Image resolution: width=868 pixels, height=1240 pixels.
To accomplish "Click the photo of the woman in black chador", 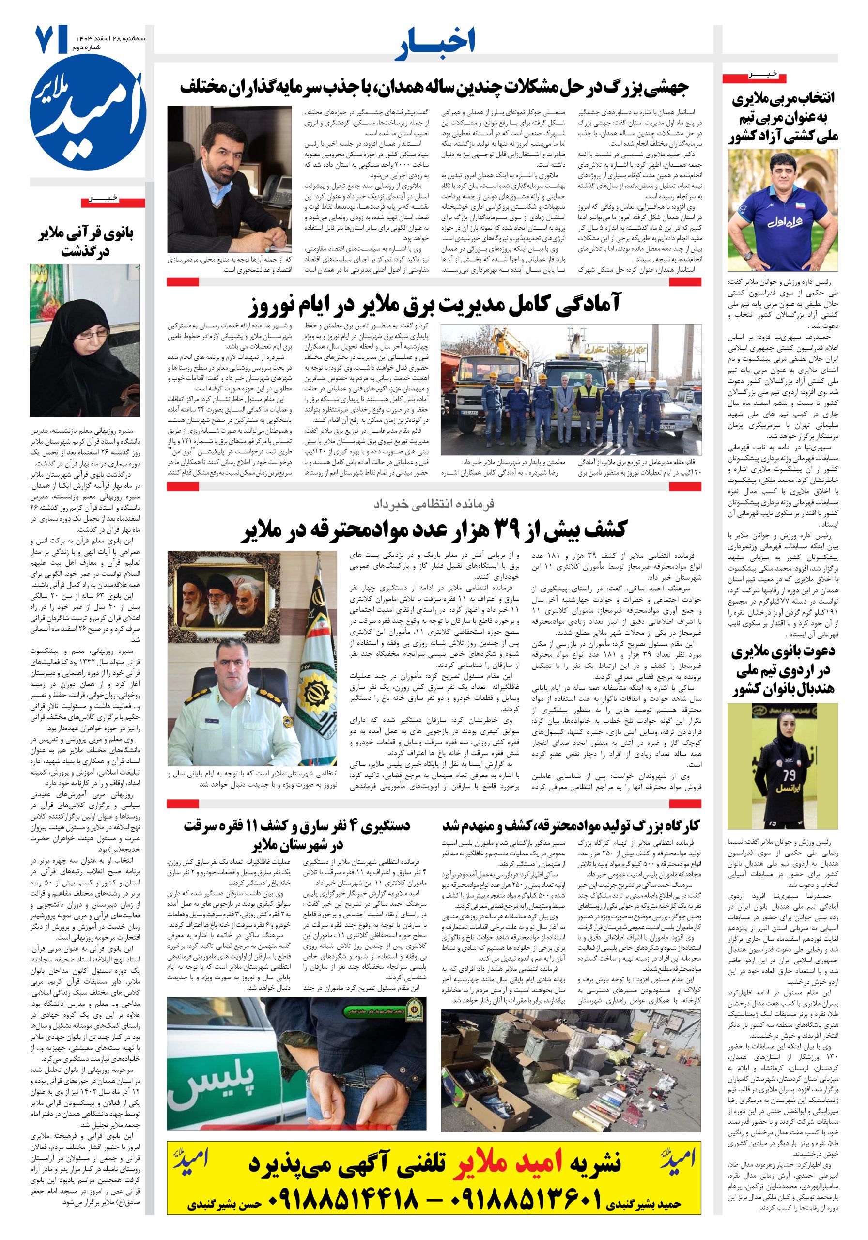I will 85,340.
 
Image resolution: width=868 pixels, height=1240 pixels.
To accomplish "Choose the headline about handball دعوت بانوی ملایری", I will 783,670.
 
